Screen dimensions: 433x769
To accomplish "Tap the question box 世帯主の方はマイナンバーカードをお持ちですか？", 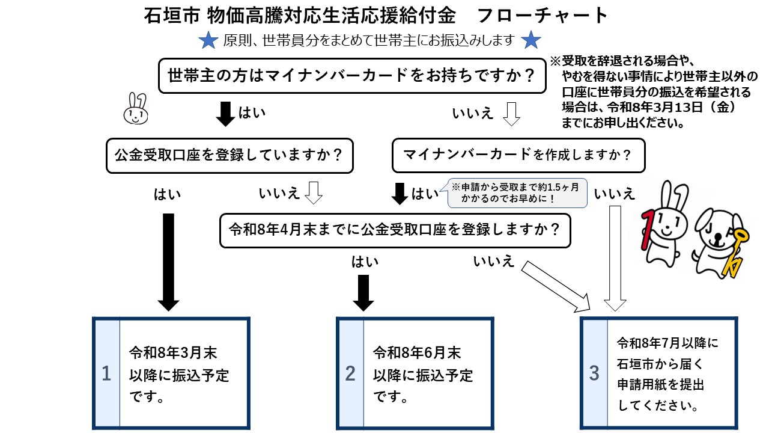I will [x=351, y=76].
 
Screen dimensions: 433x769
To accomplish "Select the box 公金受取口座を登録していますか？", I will [x=229, y=156].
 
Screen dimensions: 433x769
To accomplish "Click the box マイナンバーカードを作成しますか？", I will [x=518, y=156].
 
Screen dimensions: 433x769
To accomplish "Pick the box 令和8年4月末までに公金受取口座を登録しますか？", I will [x=395, y=230].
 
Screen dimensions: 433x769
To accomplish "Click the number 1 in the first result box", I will [x=106, y=374].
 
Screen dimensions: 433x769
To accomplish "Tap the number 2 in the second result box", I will [x=350, y=374].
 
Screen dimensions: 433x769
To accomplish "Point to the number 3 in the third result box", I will [x=594, y=373].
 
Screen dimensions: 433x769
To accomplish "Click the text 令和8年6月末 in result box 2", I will [x=417, y=352].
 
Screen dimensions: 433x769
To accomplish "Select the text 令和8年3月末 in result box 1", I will [x=173, y=352].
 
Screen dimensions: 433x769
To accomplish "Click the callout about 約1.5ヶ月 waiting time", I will [x=517, y=192].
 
